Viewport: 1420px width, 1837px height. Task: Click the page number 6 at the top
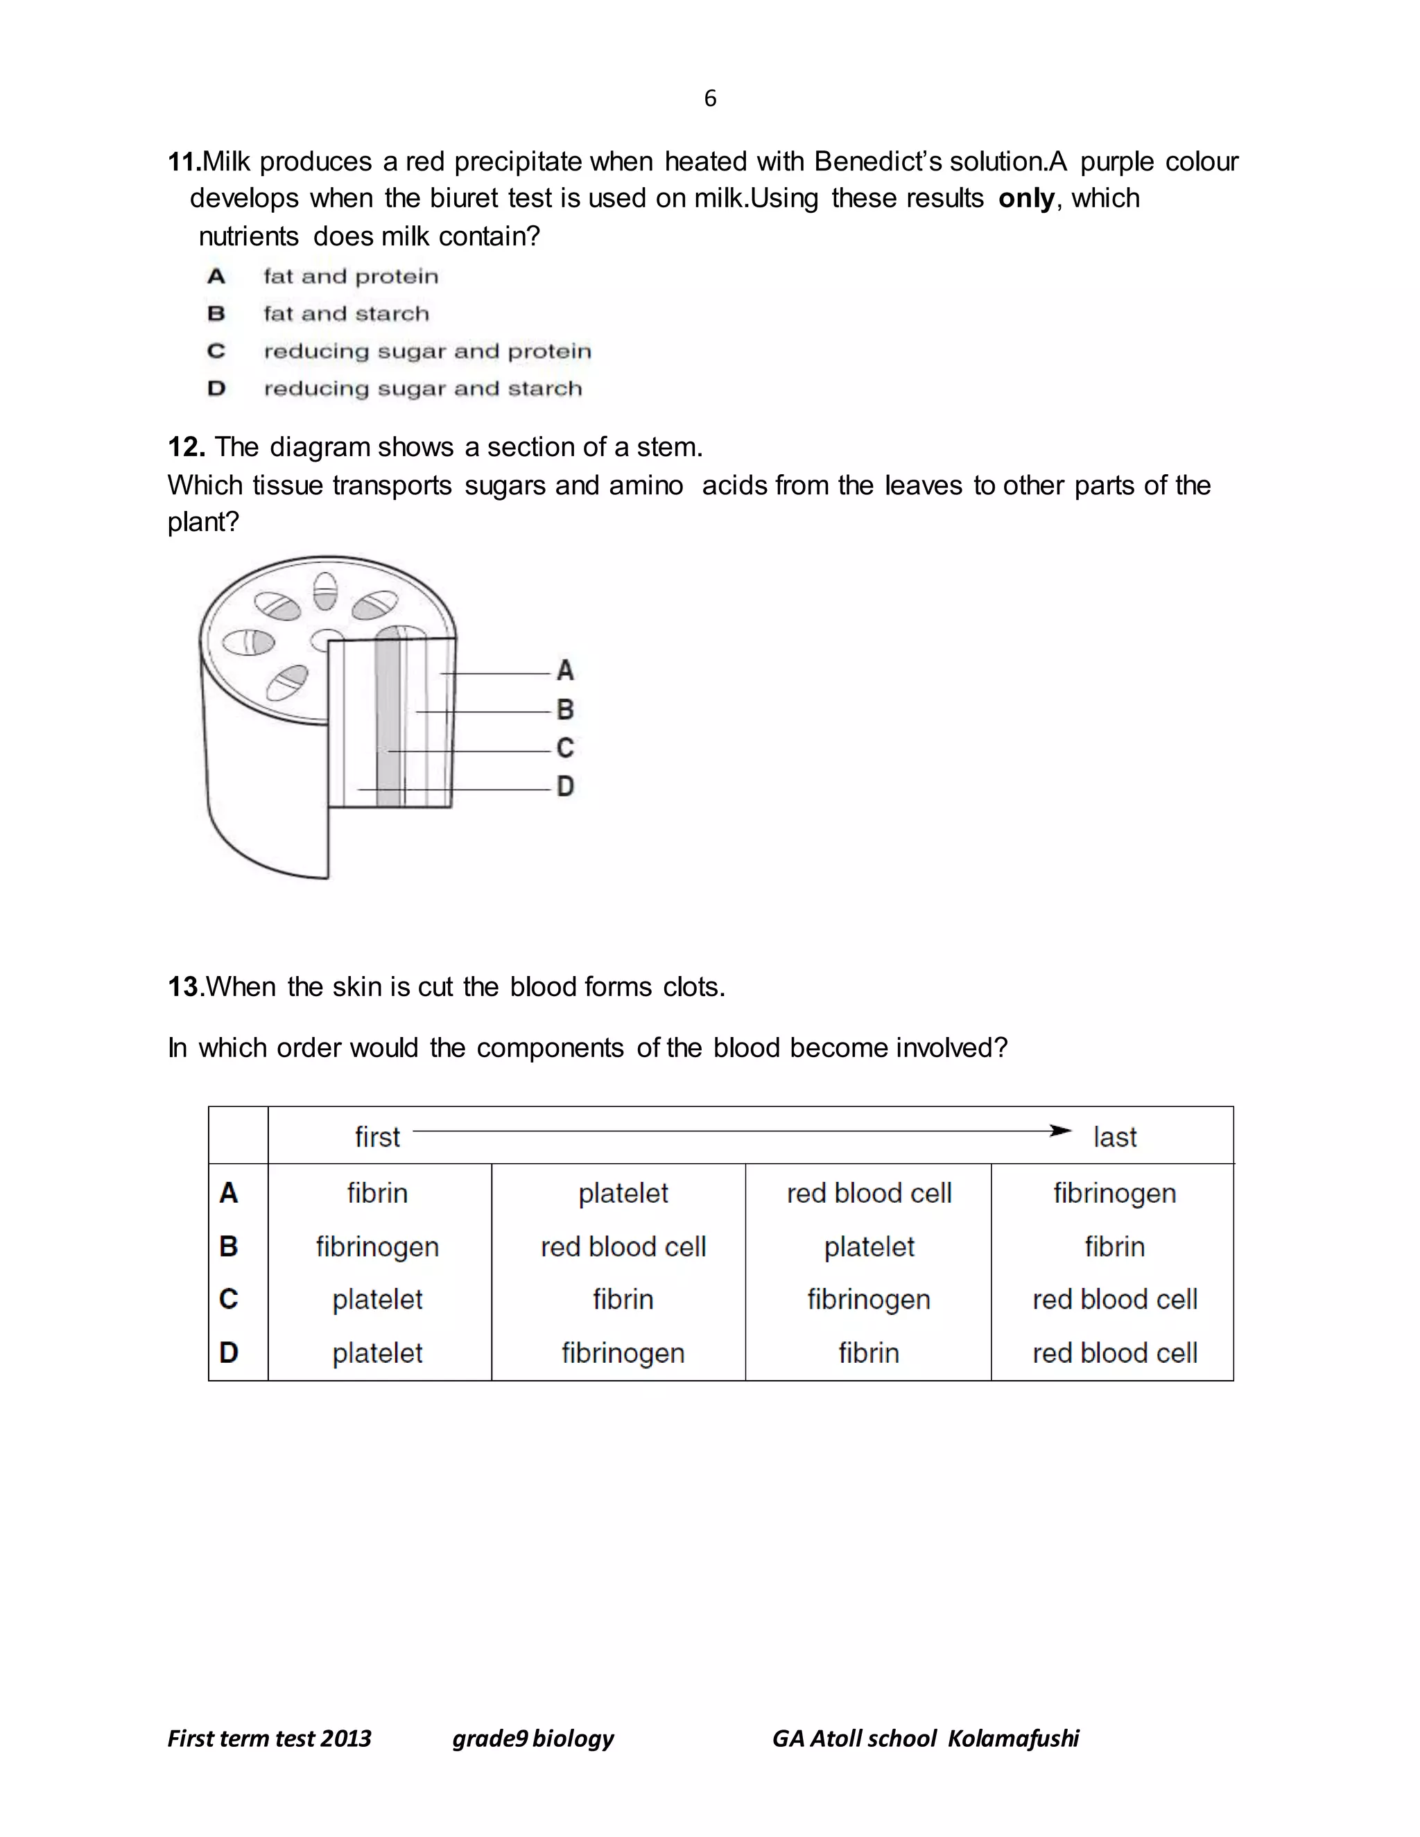click(x=710, y=99)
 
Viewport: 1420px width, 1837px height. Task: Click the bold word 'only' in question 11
click(x=1025, y=198)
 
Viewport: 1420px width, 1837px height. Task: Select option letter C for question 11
click(x=216, y=351)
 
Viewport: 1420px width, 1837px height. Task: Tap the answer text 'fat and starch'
click(x=346, y=314)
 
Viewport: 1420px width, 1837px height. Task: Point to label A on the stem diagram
click(x=565, y=670)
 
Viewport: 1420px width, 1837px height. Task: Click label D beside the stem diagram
click(x=565, y=787)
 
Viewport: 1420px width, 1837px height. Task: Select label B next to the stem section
click(x=565, y=710)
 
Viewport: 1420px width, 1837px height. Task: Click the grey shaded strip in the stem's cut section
click(x=388, y=723)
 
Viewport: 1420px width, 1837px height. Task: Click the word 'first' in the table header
click(x=377, y=1137)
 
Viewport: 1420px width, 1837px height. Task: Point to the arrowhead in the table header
click(x=1062, y=1131)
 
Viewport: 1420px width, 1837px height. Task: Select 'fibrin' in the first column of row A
click(x=377, y=1193)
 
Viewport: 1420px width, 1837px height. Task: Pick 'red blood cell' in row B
click(x=623, y=1246)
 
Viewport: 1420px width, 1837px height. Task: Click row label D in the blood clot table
click(x=229, y=1352)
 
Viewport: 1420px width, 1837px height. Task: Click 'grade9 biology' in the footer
click(x=532, y=1739)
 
